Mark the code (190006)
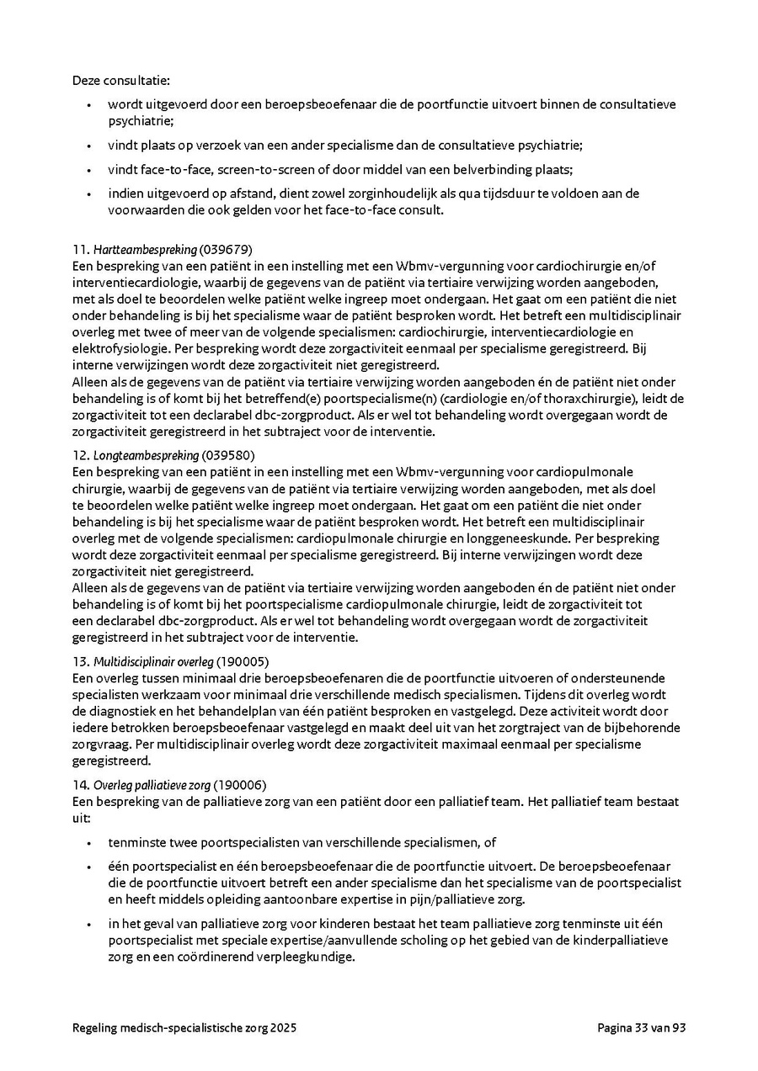coord(241,784)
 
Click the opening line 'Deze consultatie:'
coord(121,81)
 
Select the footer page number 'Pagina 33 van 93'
coord(642,1028)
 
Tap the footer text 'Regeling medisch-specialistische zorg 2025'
coord(184,1028)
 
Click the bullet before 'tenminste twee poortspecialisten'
coord(89,842)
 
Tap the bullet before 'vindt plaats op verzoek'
coord(89,146)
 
